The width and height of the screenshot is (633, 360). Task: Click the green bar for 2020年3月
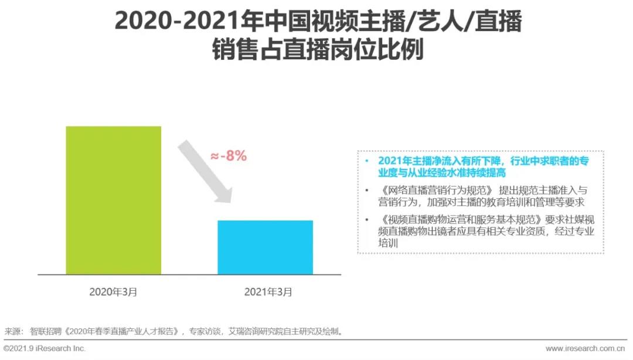(113, 200)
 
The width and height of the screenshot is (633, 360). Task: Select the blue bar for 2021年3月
(265, 247)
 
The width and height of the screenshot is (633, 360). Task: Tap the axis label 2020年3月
(113, 291)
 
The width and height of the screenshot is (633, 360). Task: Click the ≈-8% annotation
(228, 156)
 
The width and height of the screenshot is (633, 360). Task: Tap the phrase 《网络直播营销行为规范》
(436, 191)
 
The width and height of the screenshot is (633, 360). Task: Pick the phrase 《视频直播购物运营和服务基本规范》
(460, 219)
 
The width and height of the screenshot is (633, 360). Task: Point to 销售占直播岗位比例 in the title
(316, 50)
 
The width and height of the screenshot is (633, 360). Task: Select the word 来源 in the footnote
(12, 331)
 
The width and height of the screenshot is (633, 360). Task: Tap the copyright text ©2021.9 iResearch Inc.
(45, 348)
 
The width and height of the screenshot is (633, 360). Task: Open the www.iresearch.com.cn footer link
(586, 348)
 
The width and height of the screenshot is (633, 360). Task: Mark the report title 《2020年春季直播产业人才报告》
(123, 331)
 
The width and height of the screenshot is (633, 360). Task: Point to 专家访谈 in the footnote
(205, 331)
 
